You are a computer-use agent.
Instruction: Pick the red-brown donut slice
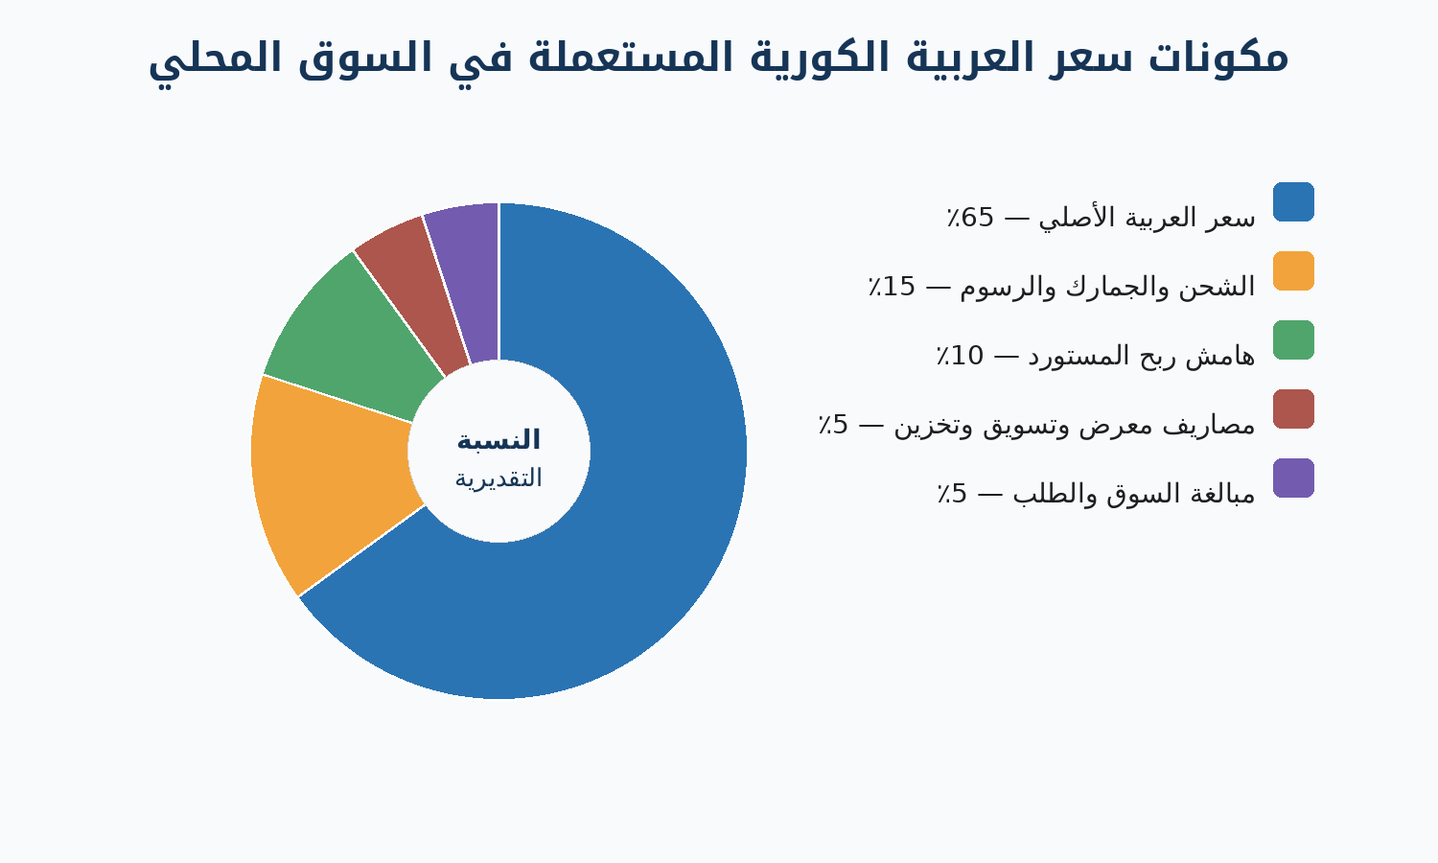[414, 289]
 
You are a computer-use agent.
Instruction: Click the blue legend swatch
[1293, 201]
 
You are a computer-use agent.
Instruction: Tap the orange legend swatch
[1293, 271]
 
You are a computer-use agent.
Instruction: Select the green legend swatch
[1293, 339]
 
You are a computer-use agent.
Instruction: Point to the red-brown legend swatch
[1293, 409]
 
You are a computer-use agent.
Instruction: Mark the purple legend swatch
[1293, 478]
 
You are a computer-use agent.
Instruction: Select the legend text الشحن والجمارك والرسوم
[1106, 287]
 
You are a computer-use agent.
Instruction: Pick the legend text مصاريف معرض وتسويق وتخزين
[1074, 425]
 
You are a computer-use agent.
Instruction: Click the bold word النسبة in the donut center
[499, 440]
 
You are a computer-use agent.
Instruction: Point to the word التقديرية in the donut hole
[499, 478]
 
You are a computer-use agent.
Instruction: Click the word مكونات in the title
[1218, 58]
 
